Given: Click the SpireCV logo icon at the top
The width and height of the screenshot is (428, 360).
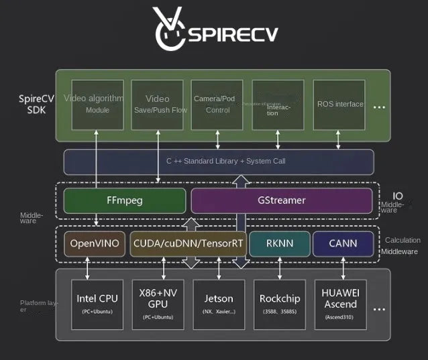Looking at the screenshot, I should (168, 29).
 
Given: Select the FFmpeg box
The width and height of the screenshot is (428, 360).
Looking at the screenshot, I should (124, 200).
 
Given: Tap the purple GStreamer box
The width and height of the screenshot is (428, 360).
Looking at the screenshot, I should (281, 200).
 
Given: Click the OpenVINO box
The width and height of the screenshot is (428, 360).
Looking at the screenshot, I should (95, 243).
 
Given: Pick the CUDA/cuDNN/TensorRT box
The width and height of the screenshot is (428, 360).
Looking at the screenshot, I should (188, 243).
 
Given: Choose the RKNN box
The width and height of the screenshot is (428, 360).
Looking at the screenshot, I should (280, 243).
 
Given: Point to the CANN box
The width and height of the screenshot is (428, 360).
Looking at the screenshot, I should (343, 243).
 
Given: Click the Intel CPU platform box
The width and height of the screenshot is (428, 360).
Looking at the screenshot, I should (98, 304).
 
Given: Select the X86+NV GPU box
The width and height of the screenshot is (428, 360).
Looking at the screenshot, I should (158, 304).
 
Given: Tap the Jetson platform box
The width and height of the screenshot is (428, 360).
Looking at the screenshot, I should (219, 304).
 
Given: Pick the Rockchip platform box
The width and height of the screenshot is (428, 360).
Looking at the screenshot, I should (280, 304).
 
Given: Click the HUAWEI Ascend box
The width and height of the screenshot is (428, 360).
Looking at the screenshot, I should (340, 304).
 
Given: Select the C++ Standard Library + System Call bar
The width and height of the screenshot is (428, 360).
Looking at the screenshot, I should (218, 162).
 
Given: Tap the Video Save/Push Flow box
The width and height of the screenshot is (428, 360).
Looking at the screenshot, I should (158, 105).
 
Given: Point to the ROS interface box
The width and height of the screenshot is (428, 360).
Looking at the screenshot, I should (339, 105).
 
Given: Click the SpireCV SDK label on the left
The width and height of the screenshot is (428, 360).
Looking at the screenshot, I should (32, 105).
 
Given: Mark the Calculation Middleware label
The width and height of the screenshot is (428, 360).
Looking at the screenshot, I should (400, 245).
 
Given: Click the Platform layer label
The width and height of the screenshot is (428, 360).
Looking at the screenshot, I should (36, 306).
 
